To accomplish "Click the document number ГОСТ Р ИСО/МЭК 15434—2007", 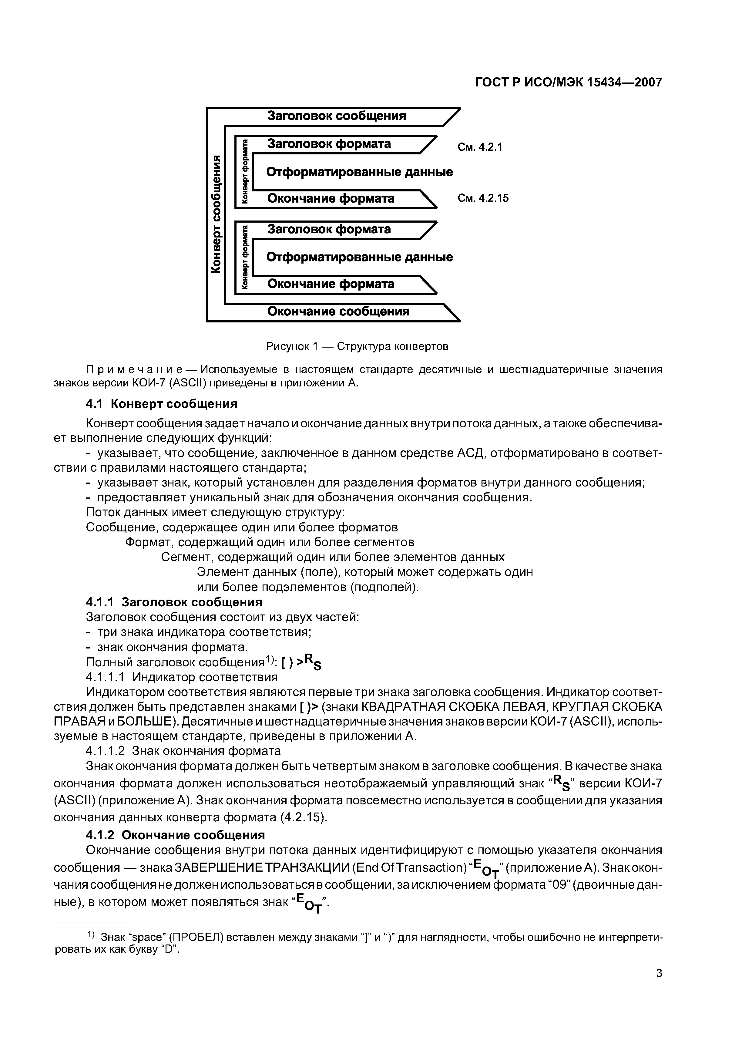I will (569, 83).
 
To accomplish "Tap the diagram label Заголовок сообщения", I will (336, 116).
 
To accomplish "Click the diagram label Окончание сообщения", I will (338, 311).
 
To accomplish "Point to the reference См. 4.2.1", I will (480, 147).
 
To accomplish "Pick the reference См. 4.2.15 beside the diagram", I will (483, 198).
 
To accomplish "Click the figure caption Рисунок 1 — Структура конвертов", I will (357, 347).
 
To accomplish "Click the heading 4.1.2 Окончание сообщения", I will (175, 835).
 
